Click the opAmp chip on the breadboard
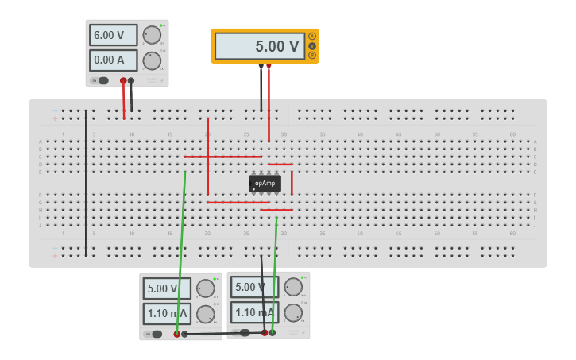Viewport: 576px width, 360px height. [265, 183]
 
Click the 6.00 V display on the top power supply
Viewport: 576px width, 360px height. [113, 35]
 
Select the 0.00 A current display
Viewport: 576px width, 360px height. [113, 60]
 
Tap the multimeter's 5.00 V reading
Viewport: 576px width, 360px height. [259, 46]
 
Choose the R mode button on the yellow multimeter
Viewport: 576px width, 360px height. [312, 55]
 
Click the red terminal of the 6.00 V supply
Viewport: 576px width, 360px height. [123, 80]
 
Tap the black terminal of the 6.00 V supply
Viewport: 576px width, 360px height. [131, 80]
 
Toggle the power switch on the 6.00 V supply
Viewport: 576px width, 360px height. [102, 80]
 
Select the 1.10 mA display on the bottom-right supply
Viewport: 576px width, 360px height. [254, 312]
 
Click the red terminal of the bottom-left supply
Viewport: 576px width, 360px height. [176, 334]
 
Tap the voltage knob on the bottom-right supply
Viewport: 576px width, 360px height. [293, 287]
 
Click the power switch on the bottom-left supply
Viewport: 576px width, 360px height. [156, 334]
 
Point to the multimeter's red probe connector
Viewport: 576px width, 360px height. [269, 67]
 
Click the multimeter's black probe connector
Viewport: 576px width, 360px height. [261, 67]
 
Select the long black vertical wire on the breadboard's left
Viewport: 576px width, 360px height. [86, 183]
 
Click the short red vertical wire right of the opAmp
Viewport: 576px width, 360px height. [292, 183]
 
